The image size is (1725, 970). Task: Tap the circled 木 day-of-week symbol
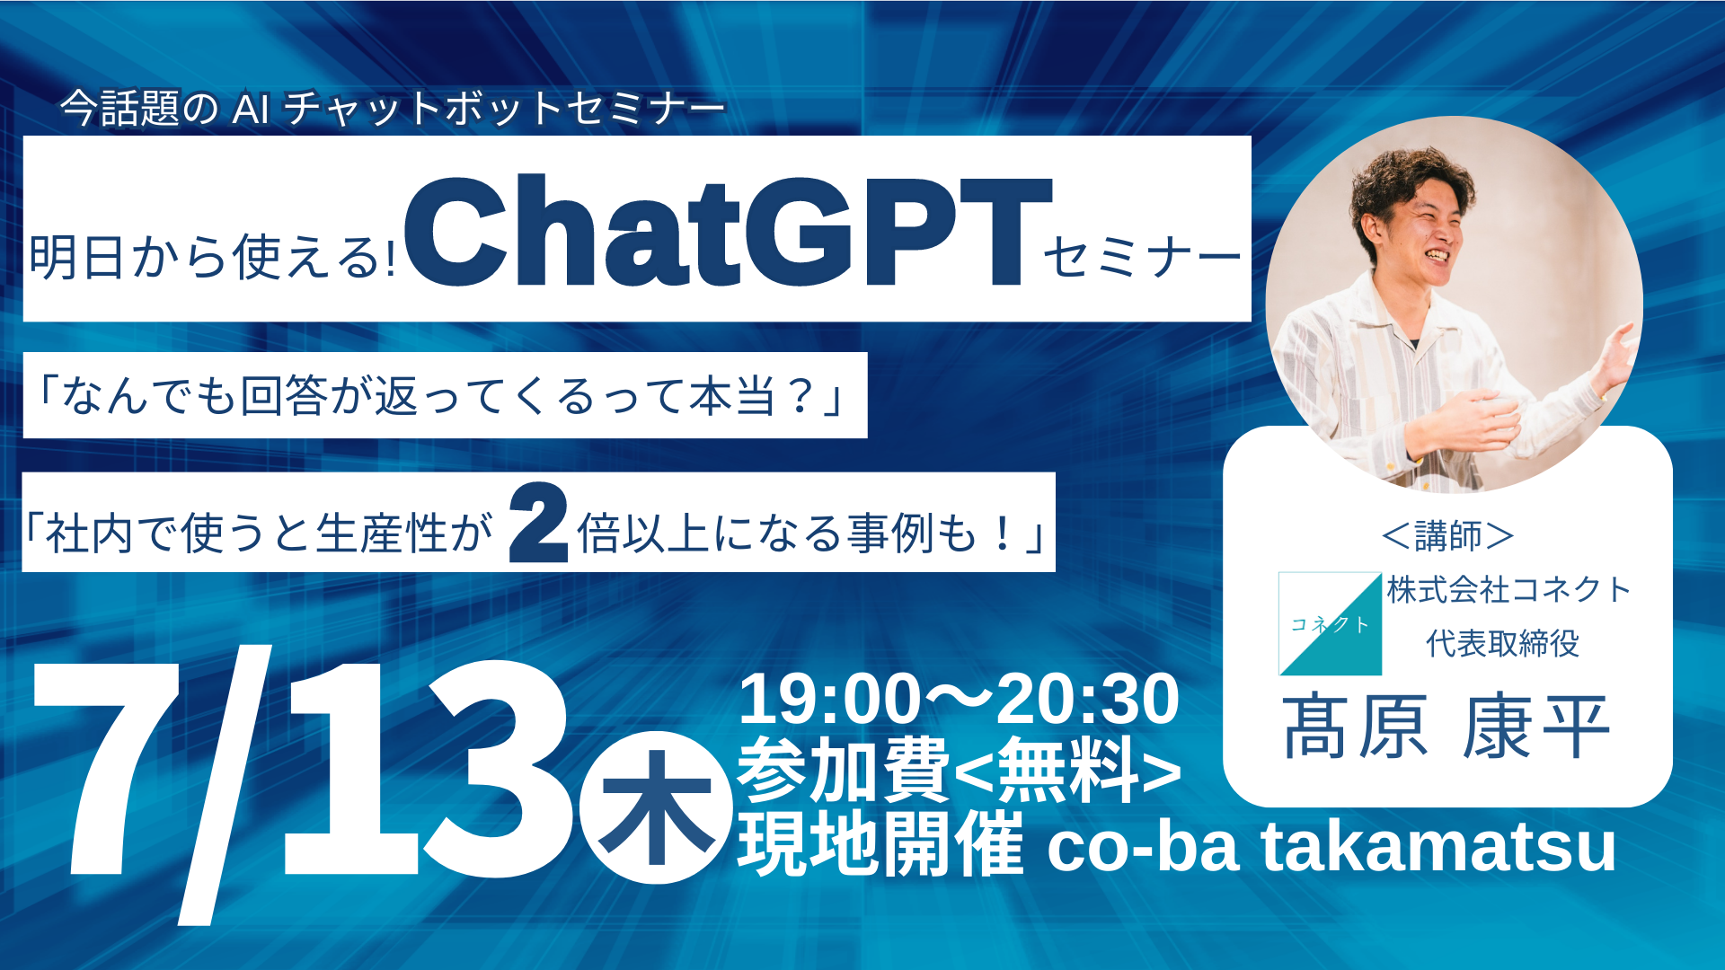pyautogui.click(x=655, y=807)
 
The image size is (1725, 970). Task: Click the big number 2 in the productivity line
pyautogui.click(x=538, y=524)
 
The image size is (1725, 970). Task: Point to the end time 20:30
pyautogui.click(x=1087, y=700)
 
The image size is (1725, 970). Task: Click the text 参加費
pyautogui.click(x=843, y=770)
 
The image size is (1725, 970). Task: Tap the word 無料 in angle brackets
pyautogui.click(x=1067, y=770)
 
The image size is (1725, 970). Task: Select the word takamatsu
pyautogui.click(x=1438, y=846)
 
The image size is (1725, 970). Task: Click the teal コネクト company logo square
pyautogui.click(x=1330, y=623)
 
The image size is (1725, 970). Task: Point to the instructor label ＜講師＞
pyautogui.click(x=1447, y=536)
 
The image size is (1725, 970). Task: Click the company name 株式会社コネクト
pyautogui.click(x=1508, y=590)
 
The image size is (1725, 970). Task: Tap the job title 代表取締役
pyautogui.click(x=1502, y=643)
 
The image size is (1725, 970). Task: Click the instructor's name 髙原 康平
pyautogui.click(x=1446, y=727)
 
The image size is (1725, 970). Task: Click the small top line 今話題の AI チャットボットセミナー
pyautogui.click(x=393, y=110)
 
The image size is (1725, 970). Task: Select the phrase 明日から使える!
pyautogui.click(x=212, y=258)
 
